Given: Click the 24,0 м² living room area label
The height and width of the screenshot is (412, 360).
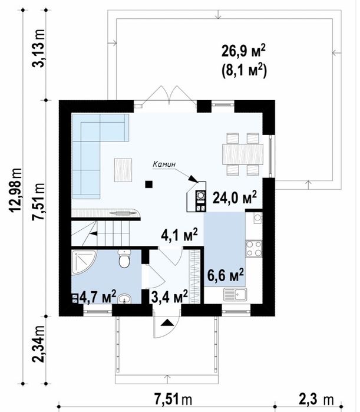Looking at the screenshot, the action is click(x=235, y=197).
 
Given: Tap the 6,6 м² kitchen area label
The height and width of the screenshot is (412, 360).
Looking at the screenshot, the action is click(x=226, y=275).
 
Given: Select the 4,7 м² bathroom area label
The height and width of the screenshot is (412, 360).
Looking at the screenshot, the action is click(x=98, y=296).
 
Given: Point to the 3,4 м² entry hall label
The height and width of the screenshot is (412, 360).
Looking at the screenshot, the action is click(x=170, y=296).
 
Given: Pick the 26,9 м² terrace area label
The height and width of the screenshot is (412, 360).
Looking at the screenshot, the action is click(x=243, y=51).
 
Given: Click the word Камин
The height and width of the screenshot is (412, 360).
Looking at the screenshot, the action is click(x=164, y=164).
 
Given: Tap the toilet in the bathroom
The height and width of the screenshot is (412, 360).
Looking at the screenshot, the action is click(x=124, y=259).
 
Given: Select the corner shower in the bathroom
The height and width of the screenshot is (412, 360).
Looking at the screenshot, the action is click(x=84, y=262).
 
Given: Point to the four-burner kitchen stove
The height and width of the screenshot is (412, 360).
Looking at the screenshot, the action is click(x=254, y=249).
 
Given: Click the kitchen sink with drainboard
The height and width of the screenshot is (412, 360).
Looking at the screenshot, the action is click(x=235, y=294).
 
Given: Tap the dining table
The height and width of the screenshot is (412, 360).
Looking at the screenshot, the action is click(x=243, y=154).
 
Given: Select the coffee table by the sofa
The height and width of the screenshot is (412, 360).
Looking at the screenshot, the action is click(x=123, y=170).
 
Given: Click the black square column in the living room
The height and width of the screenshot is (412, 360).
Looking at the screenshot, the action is click(x=149, y=184).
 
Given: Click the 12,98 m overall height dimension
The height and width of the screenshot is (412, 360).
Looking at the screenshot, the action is click(x=16, y=190).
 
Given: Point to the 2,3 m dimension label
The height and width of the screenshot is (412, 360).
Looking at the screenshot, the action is click(x=316, y=400).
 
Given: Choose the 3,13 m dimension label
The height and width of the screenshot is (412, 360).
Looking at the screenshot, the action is click(x=39, y=48).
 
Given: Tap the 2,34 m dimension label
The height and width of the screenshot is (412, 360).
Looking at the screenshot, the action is click(x=39, y=344).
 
